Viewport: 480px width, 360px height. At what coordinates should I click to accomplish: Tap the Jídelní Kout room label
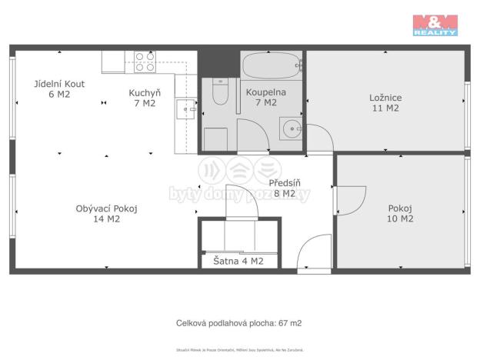tap(58, 89)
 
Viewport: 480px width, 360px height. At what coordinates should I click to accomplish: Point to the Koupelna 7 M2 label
tap(265, 97)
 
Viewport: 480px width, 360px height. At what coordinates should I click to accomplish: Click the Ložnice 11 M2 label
tap(385, 102)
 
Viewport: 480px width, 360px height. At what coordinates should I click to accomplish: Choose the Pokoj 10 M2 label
tap(400, 213)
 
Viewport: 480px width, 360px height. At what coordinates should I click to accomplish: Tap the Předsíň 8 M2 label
tap(284, 188)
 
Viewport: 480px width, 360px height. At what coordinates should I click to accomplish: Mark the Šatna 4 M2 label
tap(238, 261)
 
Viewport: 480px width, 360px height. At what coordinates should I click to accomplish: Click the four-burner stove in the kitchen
tap(145, 62)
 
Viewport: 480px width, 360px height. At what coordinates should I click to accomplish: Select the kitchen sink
tap(185, 110)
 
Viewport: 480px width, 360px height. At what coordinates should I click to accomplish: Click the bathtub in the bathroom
tap(269, 65)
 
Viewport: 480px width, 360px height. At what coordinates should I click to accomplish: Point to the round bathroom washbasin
tap(291, 128)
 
